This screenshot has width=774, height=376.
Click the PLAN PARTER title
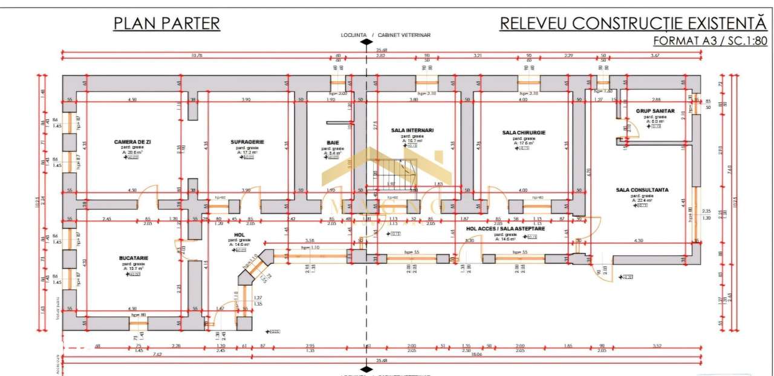click(166, 24)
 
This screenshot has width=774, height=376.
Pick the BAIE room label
click(332, 143)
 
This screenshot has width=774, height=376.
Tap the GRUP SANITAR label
click(655, 111)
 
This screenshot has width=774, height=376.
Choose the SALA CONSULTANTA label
click(642, 190)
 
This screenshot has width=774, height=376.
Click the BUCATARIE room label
click(134, 258)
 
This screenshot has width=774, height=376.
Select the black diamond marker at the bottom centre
click(365, 369)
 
